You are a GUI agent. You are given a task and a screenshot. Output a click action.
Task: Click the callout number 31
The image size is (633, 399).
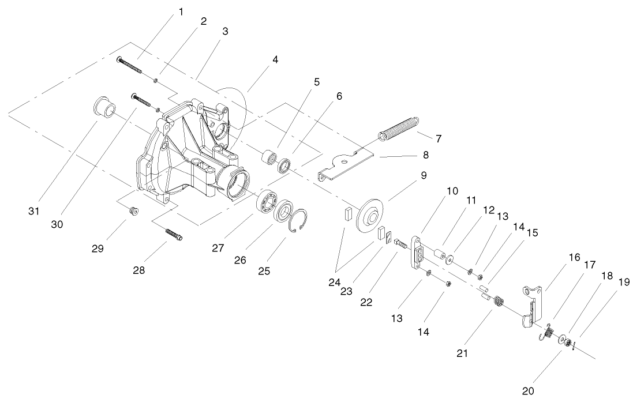(x=34, y=212)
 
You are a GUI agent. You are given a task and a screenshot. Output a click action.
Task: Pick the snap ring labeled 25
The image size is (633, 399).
(x=298, y=221)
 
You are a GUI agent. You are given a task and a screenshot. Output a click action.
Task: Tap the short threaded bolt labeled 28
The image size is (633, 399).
(x=173, y=236)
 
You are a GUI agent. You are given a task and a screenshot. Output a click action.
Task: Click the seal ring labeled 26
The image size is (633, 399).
(x=282, y=211)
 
